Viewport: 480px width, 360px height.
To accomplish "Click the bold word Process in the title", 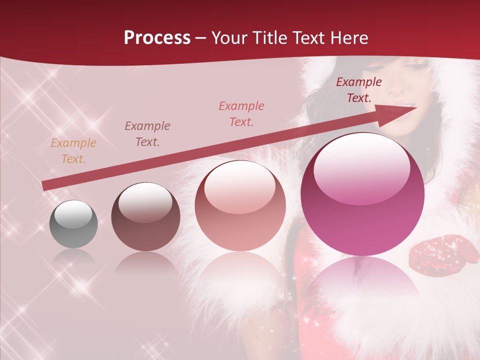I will (x=157, y=38).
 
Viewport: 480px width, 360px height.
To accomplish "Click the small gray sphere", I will (x=73, y=224).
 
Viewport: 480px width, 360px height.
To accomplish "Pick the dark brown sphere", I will (x=145, y=217).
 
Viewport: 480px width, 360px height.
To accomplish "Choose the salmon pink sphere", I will (x=240, y=206).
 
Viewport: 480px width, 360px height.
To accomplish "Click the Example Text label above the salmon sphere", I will (x=241, y=114).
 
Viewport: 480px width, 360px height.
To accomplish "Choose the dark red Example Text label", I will (x=359, y=90).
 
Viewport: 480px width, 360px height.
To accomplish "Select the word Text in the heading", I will (x=307, y=38).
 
